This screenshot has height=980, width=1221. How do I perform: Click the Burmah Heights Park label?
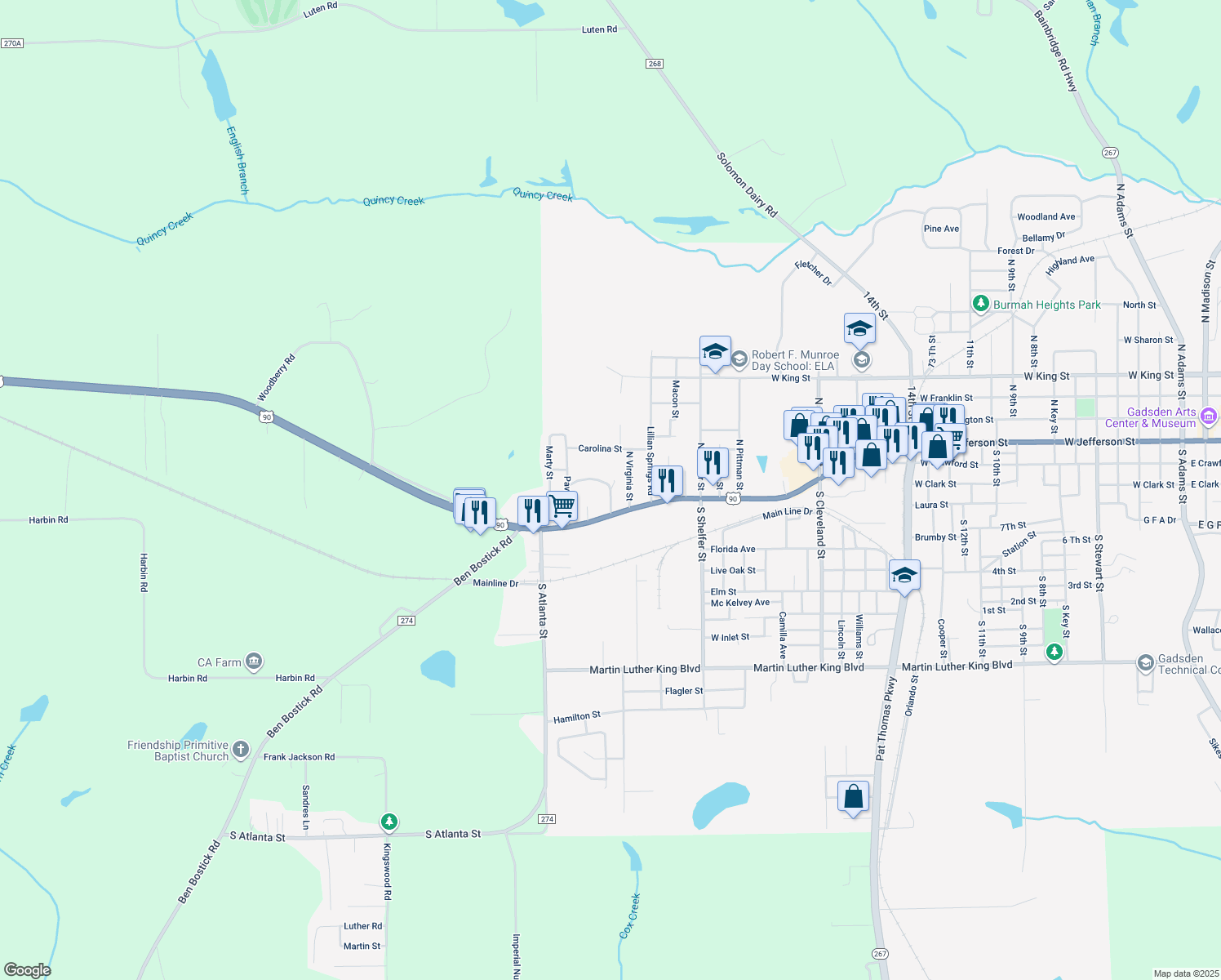pos(1046,305)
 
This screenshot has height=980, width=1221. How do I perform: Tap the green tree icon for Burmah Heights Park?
pos(981,304)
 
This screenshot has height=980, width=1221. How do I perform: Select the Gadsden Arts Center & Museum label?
pos(1150,417)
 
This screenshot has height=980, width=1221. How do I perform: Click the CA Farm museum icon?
pos(254,661)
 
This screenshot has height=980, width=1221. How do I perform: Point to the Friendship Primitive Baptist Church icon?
pos(240,749)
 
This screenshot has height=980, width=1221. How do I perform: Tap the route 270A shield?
pos(12,43)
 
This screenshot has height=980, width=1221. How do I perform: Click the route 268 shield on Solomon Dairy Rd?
pos(655,63)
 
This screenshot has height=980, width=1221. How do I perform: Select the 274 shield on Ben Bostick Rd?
pos(406,621)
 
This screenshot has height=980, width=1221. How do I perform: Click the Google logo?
pos(27,969)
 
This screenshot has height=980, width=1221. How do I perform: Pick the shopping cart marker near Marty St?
pos(562,507)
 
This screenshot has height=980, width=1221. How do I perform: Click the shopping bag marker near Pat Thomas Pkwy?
pos(853,796)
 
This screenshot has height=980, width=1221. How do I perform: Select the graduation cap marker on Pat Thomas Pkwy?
pos(904,575)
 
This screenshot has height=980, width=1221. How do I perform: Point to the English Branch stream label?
pos(238,159)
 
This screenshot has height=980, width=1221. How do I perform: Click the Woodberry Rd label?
pos(277,377)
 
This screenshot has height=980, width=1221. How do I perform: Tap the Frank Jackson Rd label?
pos(299,757)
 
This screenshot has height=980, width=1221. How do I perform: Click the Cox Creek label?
pos(629,915)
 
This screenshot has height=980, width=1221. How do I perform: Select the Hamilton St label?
pos(577,717)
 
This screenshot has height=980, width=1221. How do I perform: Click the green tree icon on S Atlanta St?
pos(389,821)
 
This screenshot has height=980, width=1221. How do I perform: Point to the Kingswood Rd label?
pos(387,872)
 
